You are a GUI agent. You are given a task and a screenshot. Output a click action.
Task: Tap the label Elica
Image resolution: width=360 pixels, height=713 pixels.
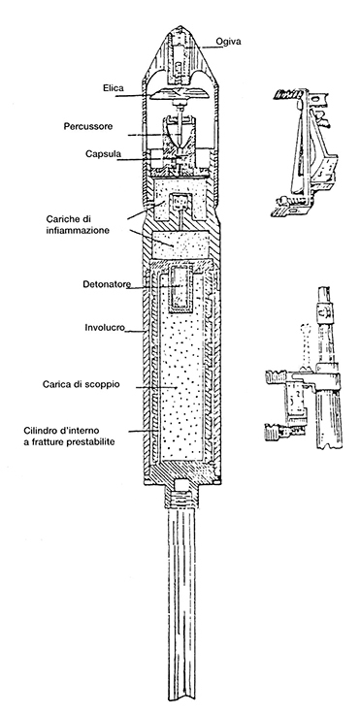coord(113,88)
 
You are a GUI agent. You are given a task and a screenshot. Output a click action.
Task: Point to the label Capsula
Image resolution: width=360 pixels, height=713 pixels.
coord(103,153)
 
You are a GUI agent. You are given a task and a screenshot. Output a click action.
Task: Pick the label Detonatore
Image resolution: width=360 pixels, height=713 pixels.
coord(107,284)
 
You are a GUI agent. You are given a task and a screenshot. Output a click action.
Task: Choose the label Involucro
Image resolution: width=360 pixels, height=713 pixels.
coord(105,327)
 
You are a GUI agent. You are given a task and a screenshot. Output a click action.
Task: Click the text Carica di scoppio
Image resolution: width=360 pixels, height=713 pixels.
coord(82,384)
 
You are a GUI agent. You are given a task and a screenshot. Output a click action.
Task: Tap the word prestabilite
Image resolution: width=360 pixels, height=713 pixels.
coord(88,441)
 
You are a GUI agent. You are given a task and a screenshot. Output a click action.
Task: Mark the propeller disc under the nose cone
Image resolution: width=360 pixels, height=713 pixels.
coord(180,95)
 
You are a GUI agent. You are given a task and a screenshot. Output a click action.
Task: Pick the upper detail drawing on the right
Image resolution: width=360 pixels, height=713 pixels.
coord(304,152)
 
